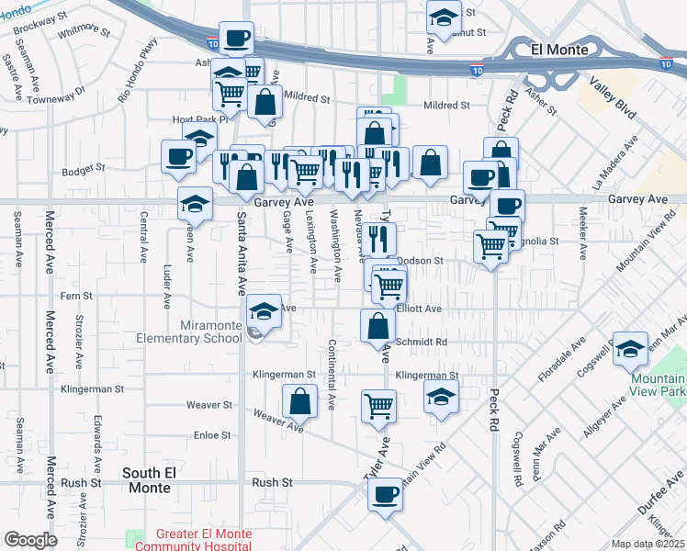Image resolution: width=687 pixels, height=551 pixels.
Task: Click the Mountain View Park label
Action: click(x=659, y=385)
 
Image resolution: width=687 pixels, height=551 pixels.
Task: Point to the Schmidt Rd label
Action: click(x=428, y=343)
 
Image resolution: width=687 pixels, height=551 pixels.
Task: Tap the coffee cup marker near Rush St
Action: click(x=385, y=494)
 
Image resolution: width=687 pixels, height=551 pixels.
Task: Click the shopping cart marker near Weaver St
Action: click(x=378, y=405)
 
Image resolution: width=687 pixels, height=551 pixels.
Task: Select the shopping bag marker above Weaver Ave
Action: click(x=300, y=399)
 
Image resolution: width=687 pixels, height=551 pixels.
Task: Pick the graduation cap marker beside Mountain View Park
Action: click(x=631, y=347)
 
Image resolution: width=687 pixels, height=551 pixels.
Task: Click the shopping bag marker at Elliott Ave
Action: click(x=377, y=324)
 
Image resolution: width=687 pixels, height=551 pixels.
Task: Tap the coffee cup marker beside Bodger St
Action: click(x=177, y=155)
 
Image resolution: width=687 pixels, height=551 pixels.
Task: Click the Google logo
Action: click(x=30, y=540)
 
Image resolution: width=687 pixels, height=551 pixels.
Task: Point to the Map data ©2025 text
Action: click(x=648, y=544)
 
